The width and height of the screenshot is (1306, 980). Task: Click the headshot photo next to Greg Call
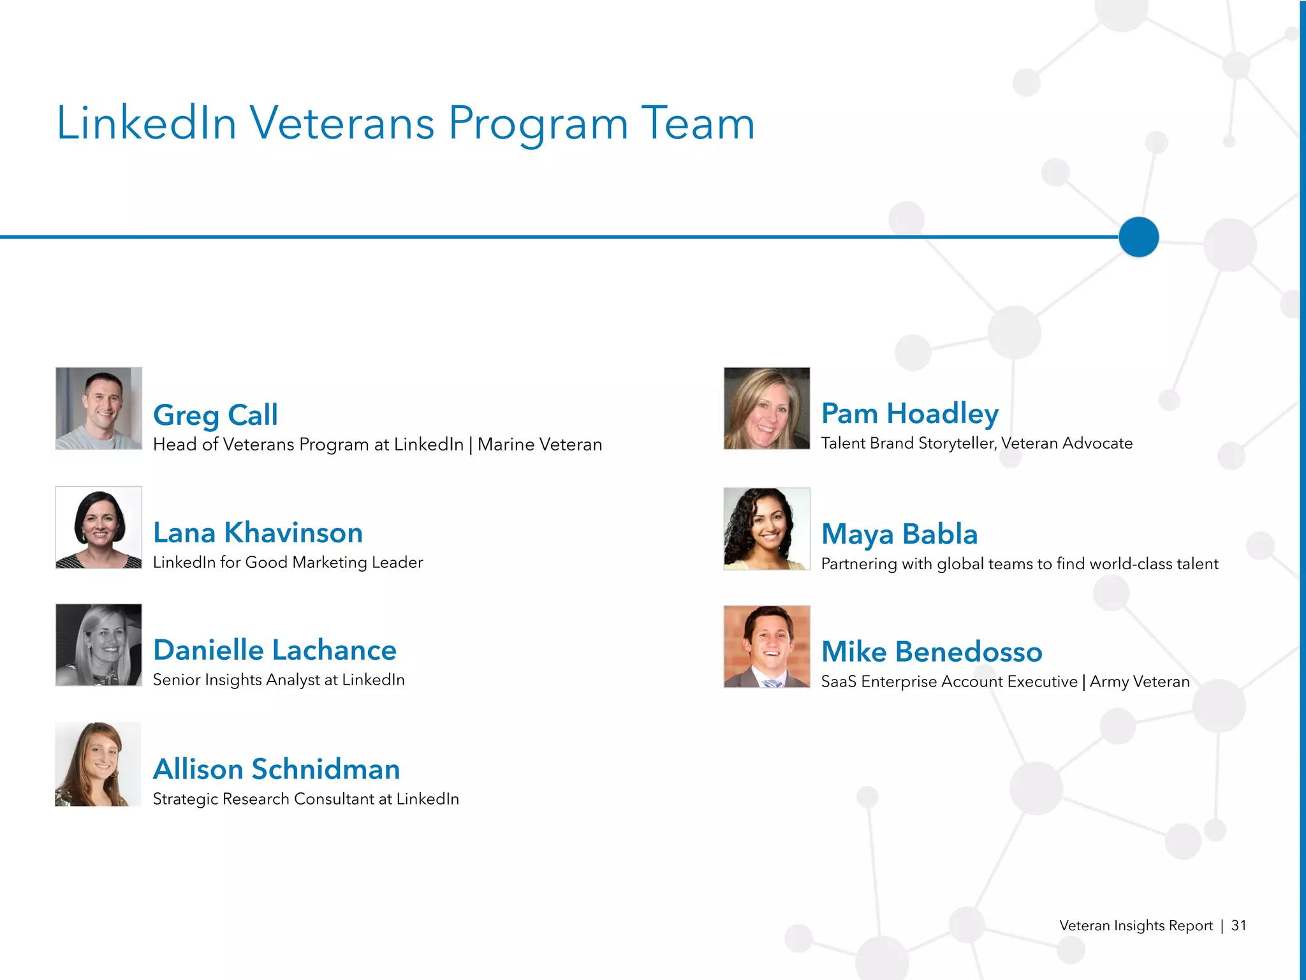[99, 408]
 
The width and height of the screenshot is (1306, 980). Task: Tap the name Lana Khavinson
[258, 533]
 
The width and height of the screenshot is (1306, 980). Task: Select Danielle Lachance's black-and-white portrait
[99, 645]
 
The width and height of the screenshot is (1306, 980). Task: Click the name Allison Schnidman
[276, 769]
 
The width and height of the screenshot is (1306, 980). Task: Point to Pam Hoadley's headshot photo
[767, 408]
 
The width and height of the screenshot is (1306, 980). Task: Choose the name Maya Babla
[899, 534]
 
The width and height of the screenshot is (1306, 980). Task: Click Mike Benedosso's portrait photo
[767, 646]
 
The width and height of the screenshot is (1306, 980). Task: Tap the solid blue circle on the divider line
[1138, 237]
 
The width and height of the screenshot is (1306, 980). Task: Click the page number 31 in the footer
[1238, 925]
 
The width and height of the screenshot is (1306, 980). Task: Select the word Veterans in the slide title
[342, 122]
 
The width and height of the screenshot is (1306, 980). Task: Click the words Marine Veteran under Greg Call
[539, 445]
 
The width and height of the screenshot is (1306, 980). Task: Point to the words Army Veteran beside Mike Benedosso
[1140, 682]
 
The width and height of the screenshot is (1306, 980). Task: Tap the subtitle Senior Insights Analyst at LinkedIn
[279, 680]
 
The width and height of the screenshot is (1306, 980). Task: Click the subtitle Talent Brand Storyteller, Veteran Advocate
[976, 443]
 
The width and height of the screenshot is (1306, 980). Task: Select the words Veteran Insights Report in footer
[1136, 926]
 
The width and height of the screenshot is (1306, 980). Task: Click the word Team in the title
[698, 122]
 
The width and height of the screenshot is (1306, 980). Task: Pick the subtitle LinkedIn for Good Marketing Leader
[288, 563]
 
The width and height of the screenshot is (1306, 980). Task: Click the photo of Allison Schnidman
[98, 764]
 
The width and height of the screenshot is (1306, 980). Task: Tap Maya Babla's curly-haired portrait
[767, 529]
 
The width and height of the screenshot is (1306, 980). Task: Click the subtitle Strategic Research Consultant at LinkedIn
[305, 799]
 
